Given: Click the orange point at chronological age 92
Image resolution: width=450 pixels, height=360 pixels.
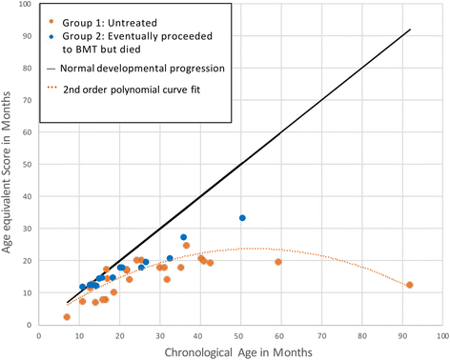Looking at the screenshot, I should (x=409, y=285).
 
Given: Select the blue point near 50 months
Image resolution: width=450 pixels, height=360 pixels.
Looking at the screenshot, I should (x=242, y=218).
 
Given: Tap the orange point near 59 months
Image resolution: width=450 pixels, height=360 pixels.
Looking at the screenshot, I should (x=277, y=262).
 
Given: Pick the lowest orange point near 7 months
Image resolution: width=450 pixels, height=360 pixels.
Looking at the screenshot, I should (x=67, y=317).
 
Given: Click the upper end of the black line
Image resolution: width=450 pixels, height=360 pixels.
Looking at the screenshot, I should (x=409, y=30).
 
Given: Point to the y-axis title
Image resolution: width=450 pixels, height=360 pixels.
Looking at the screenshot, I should (x=9, y=167).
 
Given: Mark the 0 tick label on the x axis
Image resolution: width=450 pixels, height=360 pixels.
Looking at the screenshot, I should (x=39, y=335).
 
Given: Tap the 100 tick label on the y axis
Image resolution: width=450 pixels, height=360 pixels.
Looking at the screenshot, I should (x=25, y=6).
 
